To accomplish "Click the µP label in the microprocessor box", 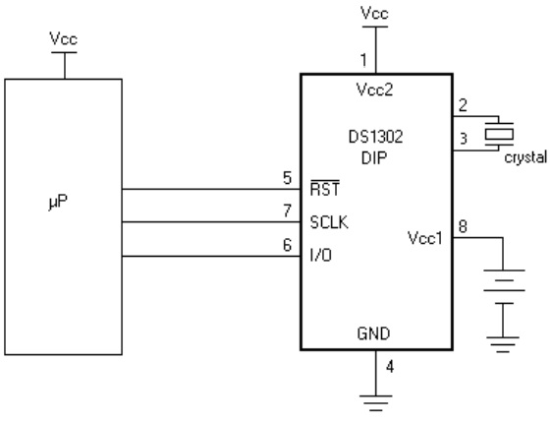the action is pyautogui.click(x=58, y=202).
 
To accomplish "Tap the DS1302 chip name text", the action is pyautogui.click(x=375, y=137).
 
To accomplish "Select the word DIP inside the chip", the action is pyautogui.click(x=374, y=157).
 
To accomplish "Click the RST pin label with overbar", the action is pyautogui.click(x=324, y=188).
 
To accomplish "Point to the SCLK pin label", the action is pyautogui.click(x=329, y=222).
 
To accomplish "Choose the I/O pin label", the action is pyautogui.click(x=321, y=255).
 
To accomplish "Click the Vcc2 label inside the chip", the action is pyautogui.click(x=374, y=90).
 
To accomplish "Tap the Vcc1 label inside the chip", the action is pyautogui.click(x=425, y=238).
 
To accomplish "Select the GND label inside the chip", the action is pyautogui.click(x=373, y=333).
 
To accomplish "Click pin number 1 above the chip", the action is pyautogui.click(x=364, y=60).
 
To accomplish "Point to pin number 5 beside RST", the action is pyautogui.click(x=287, y=178).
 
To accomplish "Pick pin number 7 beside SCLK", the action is pyautogui.click(x=287, y=210).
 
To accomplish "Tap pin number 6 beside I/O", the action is pyautogui.click(x=287, y=245).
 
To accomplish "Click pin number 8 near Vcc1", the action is pyautogui.click(x=463, y=225).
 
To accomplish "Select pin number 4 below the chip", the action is pyautogui.click(x=390, y=367).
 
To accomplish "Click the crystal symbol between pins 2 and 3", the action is pyautogui.click(x=499, y=134).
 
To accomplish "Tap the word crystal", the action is pyautogui.click(x=525, y=157).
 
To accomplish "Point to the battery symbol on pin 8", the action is pyautogui.click(x=504, y=286).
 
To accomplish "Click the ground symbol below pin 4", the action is pyautogui.click(x=375, y=403).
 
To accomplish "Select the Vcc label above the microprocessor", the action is pyautogui.click(x=64, y=38).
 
